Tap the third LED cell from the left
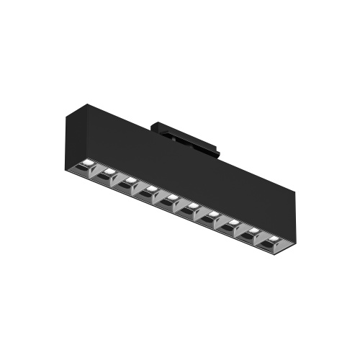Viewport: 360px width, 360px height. point(130,181)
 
